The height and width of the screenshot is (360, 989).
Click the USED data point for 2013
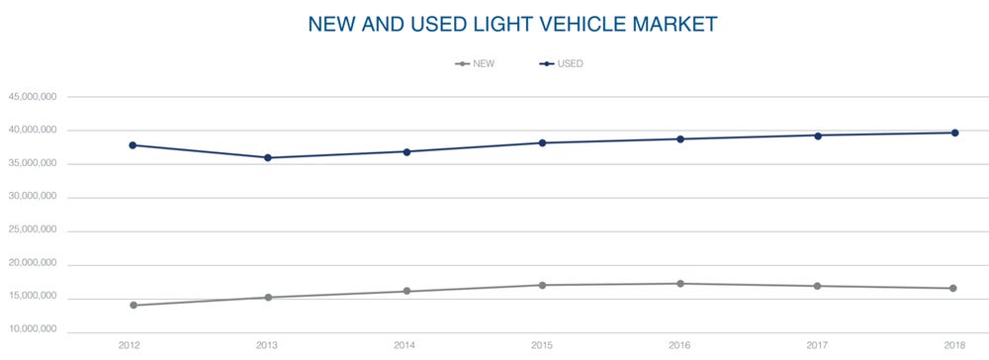tap(268, 157)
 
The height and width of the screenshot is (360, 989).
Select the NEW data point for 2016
tap(680, 284)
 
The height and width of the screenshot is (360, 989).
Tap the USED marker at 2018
tap(955, 133)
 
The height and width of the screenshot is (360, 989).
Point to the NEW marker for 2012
tap(134, 306)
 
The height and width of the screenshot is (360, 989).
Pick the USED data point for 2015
tap(542, 142)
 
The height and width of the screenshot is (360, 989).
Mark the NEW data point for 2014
tap(406, 292)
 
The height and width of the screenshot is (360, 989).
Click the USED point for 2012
tap(133, 145)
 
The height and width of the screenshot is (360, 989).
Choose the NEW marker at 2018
tap(953, 288)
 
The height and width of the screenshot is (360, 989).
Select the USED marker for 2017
tap(818, 135)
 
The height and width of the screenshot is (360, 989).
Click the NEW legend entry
tap(475, 63)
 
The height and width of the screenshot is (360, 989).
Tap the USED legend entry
tap(562, 63)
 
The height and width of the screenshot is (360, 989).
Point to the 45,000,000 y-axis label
tap(32, 97)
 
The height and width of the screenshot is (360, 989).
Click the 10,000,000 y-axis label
tap(32, 330)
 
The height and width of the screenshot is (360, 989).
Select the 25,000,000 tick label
tap(32, 230)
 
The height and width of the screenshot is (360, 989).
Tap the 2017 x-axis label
tap(819, 345)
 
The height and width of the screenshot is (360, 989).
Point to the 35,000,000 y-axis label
tap(32, 163)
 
